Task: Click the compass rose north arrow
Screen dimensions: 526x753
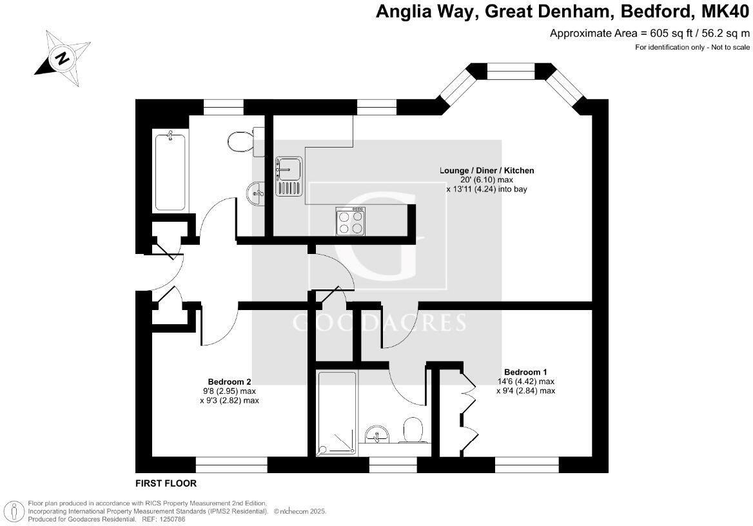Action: tap(62, 59)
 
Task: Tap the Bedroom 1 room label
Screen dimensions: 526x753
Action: tap(525, 372)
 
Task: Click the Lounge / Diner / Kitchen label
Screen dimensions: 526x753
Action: tap(487, 171)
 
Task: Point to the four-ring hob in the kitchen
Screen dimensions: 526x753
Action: tap(350, 222)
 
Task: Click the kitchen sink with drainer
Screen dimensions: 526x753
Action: tap(288, 176)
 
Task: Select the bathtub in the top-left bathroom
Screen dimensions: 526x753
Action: tap(170, 170)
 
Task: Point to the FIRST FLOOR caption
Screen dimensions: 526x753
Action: tap(166, 483)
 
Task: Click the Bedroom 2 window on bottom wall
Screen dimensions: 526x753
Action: tap(231, 464)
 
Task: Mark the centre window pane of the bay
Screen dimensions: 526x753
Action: tap(511, 71)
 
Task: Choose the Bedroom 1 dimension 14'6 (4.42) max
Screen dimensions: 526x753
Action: tap(525, 381)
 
